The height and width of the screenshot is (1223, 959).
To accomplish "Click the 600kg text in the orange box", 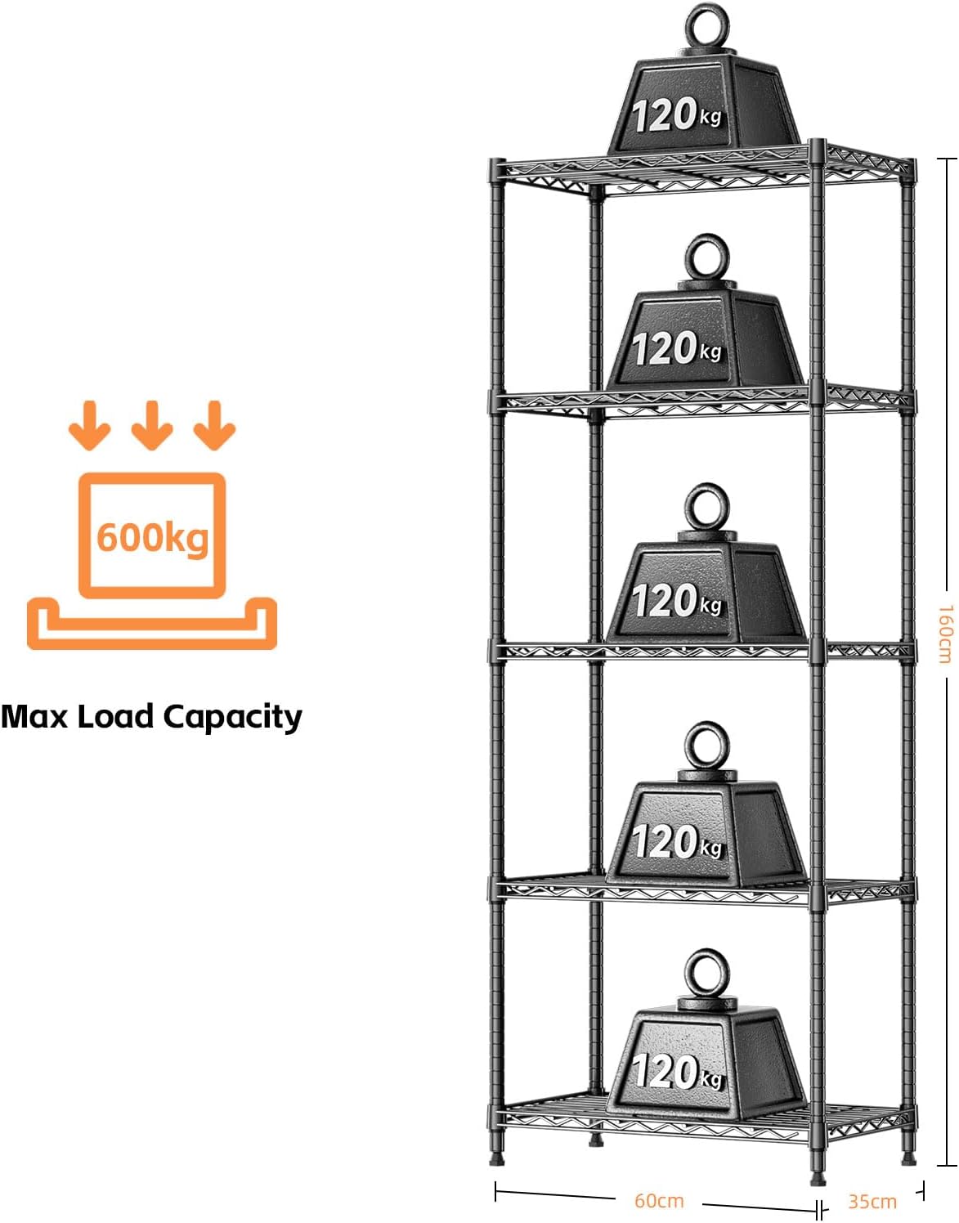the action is pyautogui.click(x=153, y=537).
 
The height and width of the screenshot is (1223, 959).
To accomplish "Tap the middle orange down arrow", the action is pyautogui.click(x=152, y=425).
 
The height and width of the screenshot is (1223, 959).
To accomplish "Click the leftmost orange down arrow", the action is pyautogui.click(x=89, y=425).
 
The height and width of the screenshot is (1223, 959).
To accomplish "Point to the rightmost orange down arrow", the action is pyautogui.click(x=214, y=425).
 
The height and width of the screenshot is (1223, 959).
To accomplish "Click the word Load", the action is pyautogui.click(x=115, y=716).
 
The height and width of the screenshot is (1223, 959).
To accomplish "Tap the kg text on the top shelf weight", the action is pyautogui.click(x=710, y=118).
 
